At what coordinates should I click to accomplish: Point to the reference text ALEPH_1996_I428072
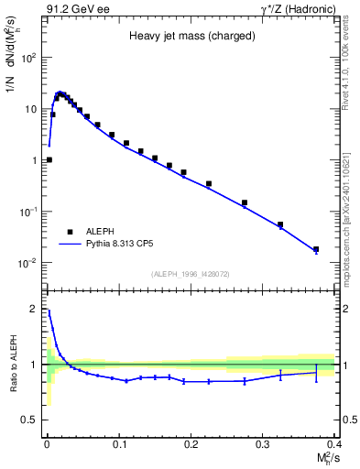tap(191, 273)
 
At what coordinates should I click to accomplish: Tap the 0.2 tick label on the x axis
tap(191, 444)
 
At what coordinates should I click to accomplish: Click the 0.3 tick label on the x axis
tap(263, 444)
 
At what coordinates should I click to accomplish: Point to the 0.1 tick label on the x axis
tap(118, 444)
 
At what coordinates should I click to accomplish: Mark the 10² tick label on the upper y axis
tap(29, 58)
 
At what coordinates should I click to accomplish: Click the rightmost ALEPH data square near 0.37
tap(316, 249)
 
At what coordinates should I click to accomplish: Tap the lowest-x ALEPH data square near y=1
tap(49, 159)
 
